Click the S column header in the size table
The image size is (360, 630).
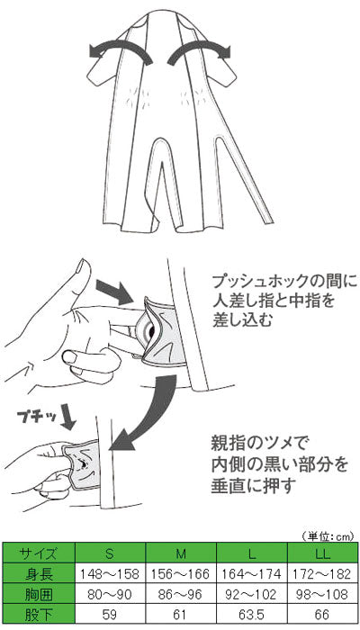(110, 554)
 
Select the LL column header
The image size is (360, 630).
(323, 554)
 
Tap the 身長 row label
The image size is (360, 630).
(39, 574)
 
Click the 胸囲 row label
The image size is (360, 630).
(39, 594)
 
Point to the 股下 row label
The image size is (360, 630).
(39, 615)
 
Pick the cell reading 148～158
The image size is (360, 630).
(110, 574)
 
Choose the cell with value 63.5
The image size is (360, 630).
(252, 615)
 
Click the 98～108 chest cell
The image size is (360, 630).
(323, 594)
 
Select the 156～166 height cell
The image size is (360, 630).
(181, 574)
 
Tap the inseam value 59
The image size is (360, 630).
(110, 615)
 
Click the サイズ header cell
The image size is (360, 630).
(39, 554)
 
